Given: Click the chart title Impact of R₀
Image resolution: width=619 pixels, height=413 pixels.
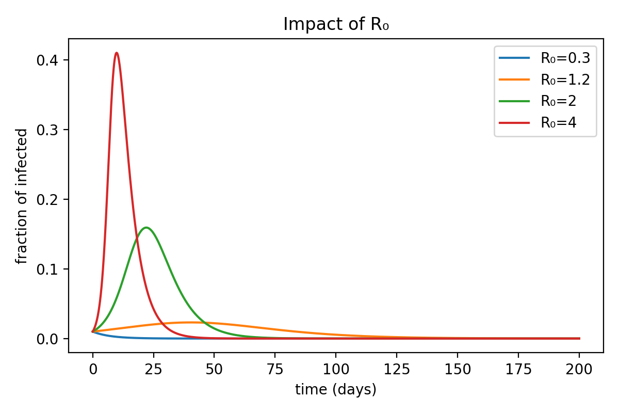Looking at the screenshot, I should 335,24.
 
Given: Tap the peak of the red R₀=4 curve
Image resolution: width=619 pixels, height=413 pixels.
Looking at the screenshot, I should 117,53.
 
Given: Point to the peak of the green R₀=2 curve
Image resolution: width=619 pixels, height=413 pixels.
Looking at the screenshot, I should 146,227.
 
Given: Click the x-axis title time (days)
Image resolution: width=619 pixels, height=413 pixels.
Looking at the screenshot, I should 336,390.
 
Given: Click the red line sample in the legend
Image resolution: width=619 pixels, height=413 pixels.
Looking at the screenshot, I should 514,123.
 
